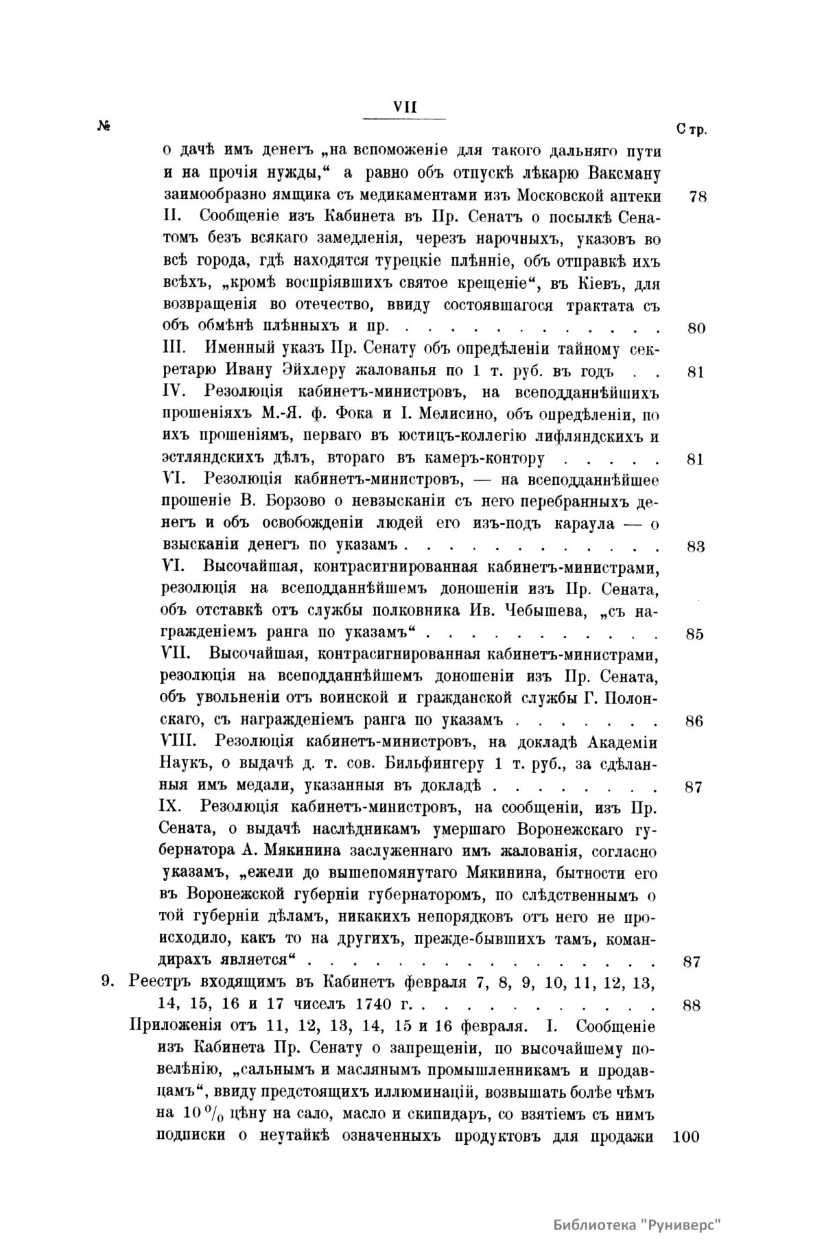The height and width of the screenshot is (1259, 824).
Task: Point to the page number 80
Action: click(696, 328)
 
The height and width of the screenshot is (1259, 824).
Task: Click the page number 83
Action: click(696, 548)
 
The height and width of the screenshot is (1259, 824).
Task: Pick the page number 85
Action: click(694, 635)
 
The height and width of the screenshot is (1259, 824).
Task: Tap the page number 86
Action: click(694, 722)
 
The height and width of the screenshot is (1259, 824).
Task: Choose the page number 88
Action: click(692, 1007)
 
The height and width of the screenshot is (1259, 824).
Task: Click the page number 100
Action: click(687, 1136)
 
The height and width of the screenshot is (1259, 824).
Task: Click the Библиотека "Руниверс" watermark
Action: click(637, 1225)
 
